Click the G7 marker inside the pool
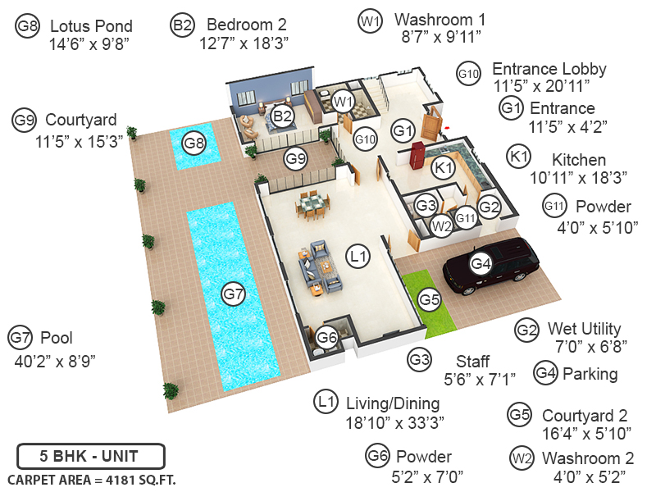tap(233, 294)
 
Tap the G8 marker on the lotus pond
tap(194, 143)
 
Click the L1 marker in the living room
tap(358, 257)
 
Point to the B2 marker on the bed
tap(282, 116)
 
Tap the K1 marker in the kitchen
tap(444, 168)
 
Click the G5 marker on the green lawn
tap(430, 300)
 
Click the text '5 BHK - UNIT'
tap(90, 456)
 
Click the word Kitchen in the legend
tap(578, 160)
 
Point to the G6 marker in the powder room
tap(327, 337)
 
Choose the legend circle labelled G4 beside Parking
tap(545, 372)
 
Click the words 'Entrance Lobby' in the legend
tap(549, 69)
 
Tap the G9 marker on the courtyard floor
tap(295, 157)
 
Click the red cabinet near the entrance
tap(417, 153)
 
